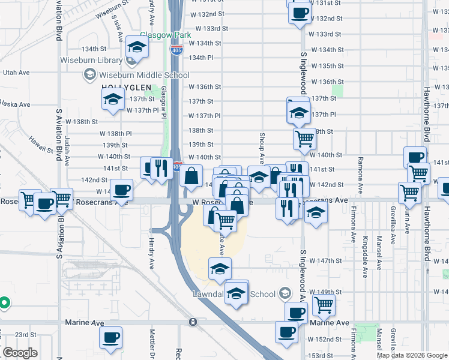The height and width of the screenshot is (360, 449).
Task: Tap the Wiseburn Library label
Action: (x=90, y=60)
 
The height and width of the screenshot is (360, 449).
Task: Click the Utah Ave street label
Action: (x=16, y=72)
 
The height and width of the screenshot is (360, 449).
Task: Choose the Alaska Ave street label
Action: (x=16, y=104)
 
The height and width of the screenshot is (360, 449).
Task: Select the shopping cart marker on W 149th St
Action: (x=324, y=304)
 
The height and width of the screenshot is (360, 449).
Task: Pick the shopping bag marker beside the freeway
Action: (x=191, y=176)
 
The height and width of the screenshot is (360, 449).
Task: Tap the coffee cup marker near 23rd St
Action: (x=110, y=337)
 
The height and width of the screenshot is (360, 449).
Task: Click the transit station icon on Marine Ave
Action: (x=193, y=322)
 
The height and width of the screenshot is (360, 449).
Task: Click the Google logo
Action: (x=20, y=353)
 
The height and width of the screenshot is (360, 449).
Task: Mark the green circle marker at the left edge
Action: (x=3, y=303)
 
